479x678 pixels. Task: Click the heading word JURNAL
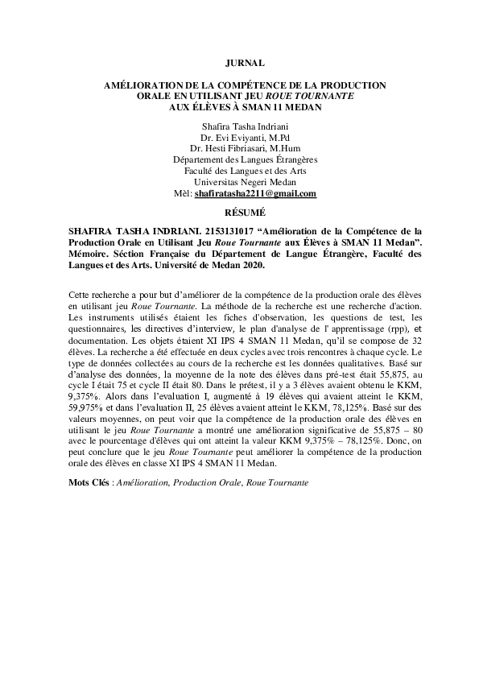pyautogui.click(x=238, y=62)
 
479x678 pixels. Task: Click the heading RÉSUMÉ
pyautogui.click(x=238, y=213)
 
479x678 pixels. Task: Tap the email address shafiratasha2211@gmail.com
pyautogui.click(x=255, y=194)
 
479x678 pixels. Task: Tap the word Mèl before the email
pyautogui.click(x=183, y=194)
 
